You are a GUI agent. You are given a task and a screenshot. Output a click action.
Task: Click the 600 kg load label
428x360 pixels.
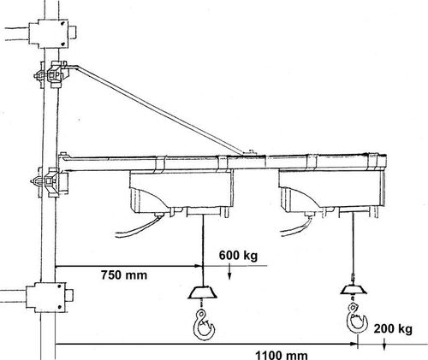pyautogui.click(x=238, y=256)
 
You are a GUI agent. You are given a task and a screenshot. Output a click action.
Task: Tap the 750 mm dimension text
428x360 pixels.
pyautogui.click(x=124, y=275)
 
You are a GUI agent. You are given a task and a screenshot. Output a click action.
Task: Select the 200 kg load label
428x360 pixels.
pyautogui.click(x=393, y=329)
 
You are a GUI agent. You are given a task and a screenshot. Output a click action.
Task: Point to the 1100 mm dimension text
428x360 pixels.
pyautogui.click(x=282, y=355)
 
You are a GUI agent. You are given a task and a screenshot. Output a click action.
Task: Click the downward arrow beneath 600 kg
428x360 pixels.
pyautogui.click(x=229, y=272)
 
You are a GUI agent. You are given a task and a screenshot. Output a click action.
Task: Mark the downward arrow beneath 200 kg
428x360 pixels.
pyautogui.click(x=384, y=344)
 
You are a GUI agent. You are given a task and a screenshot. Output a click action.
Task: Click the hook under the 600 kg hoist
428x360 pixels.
pyautogui.click(x=204, y=325)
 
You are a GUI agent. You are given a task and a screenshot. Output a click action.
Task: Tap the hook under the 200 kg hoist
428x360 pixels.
pyautogui.click(x=356, y=318)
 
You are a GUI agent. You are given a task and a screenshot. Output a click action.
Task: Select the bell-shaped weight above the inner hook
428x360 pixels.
pyautogui.click(x=203, y=292)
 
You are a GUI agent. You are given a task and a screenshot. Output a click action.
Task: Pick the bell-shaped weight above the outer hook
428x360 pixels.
pyautogui.click(x=354, y=290)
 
